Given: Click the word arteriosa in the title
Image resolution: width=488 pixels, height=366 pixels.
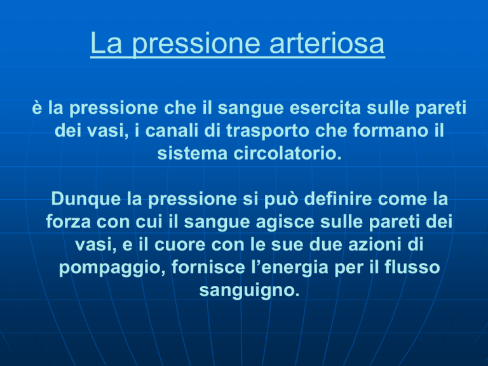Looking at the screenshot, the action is [x=327, y=43].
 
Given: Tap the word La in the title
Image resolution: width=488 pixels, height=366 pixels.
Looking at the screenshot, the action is [x=106, y=43].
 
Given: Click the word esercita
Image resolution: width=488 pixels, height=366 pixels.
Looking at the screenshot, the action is [x=325, y=107].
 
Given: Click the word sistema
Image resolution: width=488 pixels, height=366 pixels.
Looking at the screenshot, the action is [x=193, y=153].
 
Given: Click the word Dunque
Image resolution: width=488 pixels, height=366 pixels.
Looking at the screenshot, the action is [x=86, y=199].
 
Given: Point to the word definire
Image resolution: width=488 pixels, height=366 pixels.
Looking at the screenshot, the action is [x=338, y=198].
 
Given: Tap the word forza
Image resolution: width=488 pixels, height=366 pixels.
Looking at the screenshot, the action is [x=68, y=222].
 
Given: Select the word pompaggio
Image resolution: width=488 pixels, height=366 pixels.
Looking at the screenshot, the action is [x=112, y=268].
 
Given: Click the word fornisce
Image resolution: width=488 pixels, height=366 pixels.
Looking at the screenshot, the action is [x=208, y=268].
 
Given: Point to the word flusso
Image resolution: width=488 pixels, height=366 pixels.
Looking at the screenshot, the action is [x=412, y=268].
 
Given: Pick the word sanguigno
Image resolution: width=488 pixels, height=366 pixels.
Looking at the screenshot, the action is [x=249, y=290].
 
